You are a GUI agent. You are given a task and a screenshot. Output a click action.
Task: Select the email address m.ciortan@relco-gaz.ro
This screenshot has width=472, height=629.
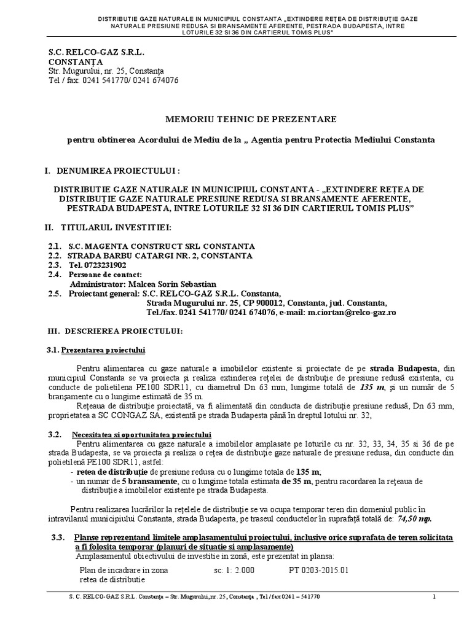pyautogui.click(x=352, y=313)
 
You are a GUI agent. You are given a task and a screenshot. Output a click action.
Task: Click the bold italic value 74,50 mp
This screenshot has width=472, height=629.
pyautogui.click(x=415, y=518)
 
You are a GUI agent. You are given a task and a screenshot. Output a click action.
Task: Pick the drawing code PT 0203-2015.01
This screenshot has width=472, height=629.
pyautogui.click(x=318, y=570)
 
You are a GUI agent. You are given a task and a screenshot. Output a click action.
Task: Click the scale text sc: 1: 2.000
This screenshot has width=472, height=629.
pyautogui.click(x=232, y=570)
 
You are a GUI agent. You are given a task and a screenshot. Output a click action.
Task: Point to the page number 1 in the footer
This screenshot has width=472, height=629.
pyautogui.click(x=435, y=597)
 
